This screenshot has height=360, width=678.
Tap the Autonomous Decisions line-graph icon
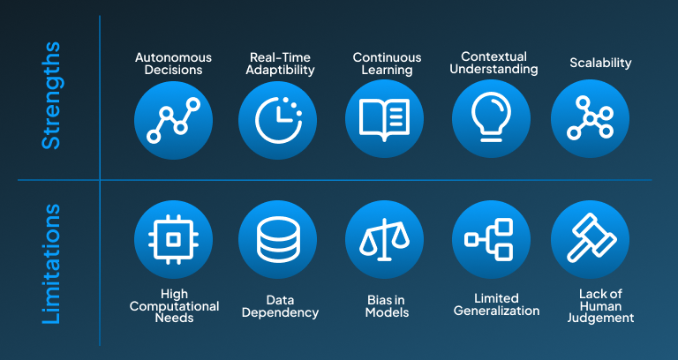tap(173, 119)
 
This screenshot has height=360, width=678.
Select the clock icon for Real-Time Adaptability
tap(277, 119)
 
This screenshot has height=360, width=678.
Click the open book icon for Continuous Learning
tap(384, 119)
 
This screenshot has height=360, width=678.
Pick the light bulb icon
tap(491, 119)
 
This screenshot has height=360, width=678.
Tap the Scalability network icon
tap(590, 119)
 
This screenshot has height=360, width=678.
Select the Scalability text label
tap(601, 64)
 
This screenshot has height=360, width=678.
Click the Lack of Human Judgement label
tap(600, 305)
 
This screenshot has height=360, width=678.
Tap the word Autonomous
tap(174, 57)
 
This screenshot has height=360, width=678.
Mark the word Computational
tap(174, 306)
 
